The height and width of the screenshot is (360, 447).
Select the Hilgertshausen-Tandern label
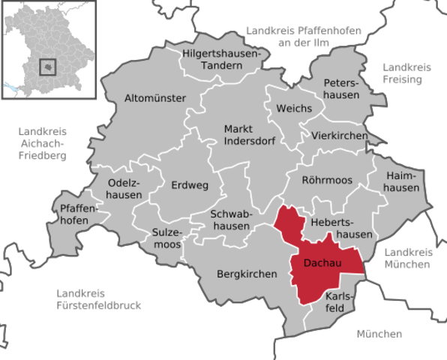(x=221, y=59)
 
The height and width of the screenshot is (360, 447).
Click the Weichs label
(x=294, y=109)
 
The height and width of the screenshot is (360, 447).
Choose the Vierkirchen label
(x=340, y=136)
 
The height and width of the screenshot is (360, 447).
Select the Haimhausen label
(x=401, y=181)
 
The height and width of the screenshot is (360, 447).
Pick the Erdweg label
(x=190, y=184)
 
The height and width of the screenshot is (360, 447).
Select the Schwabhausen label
(x=230, y=220)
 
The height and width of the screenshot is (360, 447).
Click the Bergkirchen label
(x=246, y=274)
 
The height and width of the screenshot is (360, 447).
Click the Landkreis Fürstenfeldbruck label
(x=98, y=298)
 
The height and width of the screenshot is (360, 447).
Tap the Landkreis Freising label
(x=407, y=73)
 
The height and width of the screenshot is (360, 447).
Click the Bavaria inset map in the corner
(x=50, y=52)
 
